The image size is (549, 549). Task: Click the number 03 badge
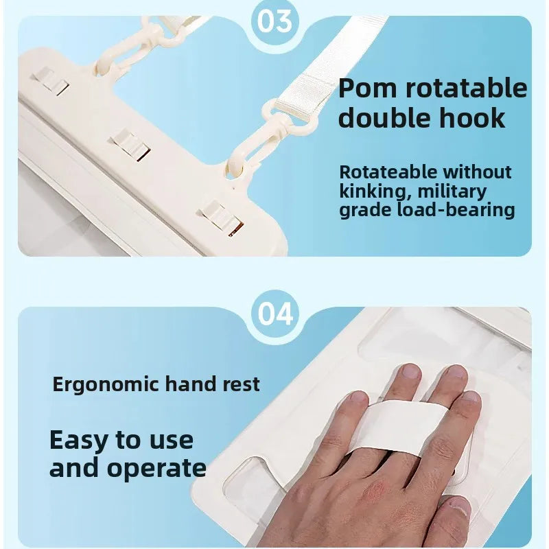(275, 21)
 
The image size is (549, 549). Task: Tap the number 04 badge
(275, 314)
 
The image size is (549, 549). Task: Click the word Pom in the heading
(369, 88)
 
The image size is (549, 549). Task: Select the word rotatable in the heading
(467, 88)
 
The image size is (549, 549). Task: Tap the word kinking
(375, 192)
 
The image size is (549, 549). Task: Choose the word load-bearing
(456, 210)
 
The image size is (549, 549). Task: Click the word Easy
(78, 440)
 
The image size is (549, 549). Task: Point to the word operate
(156, 468)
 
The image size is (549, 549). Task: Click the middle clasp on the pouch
(130, 145)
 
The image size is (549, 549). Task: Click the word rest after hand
(242, 384)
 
